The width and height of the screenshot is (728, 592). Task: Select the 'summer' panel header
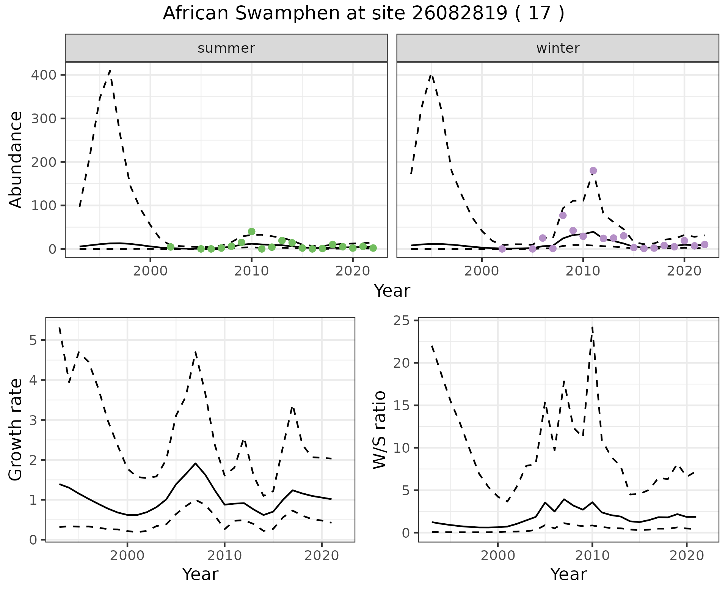coord(226,48)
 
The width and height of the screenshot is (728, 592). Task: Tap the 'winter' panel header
coord(558,48)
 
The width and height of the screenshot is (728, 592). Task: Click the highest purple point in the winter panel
coord(593,171)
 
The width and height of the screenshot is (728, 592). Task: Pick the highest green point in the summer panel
coord(251,231)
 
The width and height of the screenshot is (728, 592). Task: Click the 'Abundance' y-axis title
coord(16,159)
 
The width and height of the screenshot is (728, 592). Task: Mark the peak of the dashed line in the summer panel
coord(110,70)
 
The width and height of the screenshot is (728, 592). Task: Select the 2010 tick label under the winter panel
coord(583,271)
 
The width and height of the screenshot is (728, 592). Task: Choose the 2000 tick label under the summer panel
coord(150,271)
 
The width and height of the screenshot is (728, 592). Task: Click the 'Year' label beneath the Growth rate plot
coord(200,574)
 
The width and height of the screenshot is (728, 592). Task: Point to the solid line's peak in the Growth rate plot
coord(195,463)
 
